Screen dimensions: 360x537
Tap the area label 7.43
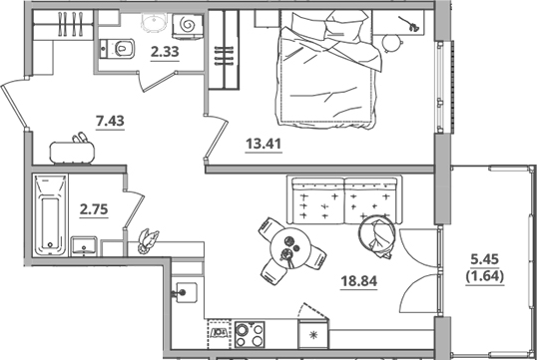click(110, 122)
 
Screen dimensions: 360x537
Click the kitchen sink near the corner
click(185, 292)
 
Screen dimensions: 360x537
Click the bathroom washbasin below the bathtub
click(84, 245)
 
